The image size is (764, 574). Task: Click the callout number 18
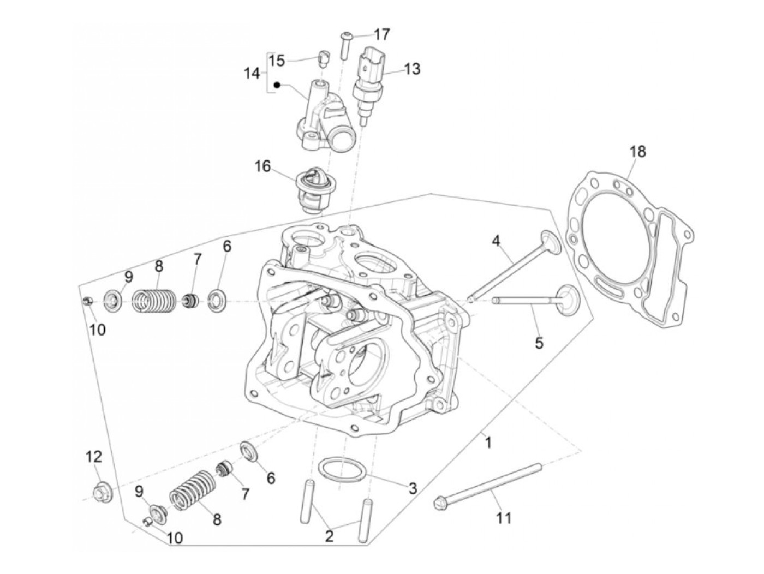click(x=637, y=151)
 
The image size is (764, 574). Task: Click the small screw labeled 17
click(x=344, y=45)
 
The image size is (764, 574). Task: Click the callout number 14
click(x=252, y=73)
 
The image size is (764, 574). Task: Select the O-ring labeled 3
click(x=342, y=470)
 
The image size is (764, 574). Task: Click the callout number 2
click(x=329, y=536)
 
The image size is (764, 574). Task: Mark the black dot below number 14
click(x=277, y=85)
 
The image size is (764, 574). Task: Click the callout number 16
click(x=262, y=166)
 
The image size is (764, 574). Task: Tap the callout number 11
click(x=504, y=517)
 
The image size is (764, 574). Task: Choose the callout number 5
click(x=539, y=343)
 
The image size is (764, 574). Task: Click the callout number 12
click(x=93, y=456)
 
